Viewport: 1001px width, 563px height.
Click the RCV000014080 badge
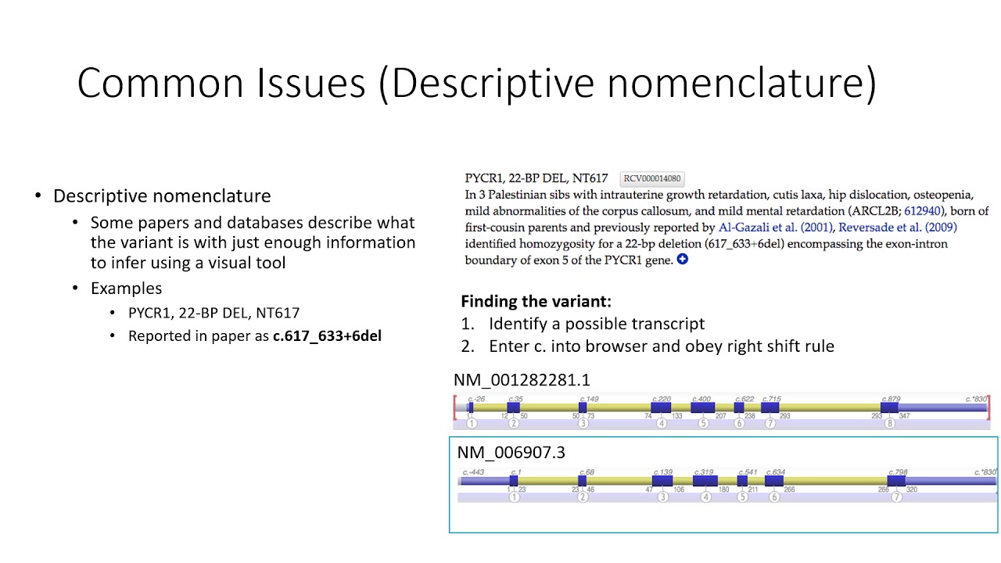(651, 178)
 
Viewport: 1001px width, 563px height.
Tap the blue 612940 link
(923, 211)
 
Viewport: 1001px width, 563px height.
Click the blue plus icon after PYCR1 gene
(682, 260)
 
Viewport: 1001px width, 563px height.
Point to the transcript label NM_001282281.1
(522, 380)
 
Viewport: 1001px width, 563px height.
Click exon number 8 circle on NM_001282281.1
(890, 424)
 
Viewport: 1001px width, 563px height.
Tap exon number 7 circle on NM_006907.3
(897, 497)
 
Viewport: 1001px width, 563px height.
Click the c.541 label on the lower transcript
(748, 472)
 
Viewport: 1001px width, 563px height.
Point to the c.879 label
(891, 400)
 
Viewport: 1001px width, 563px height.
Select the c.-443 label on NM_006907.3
(473, 472)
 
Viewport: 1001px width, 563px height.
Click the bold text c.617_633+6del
(327, 336)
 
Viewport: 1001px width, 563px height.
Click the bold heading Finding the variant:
(536, 302)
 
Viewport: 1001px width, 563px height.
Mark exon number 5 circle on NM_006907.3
(743, 497)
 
